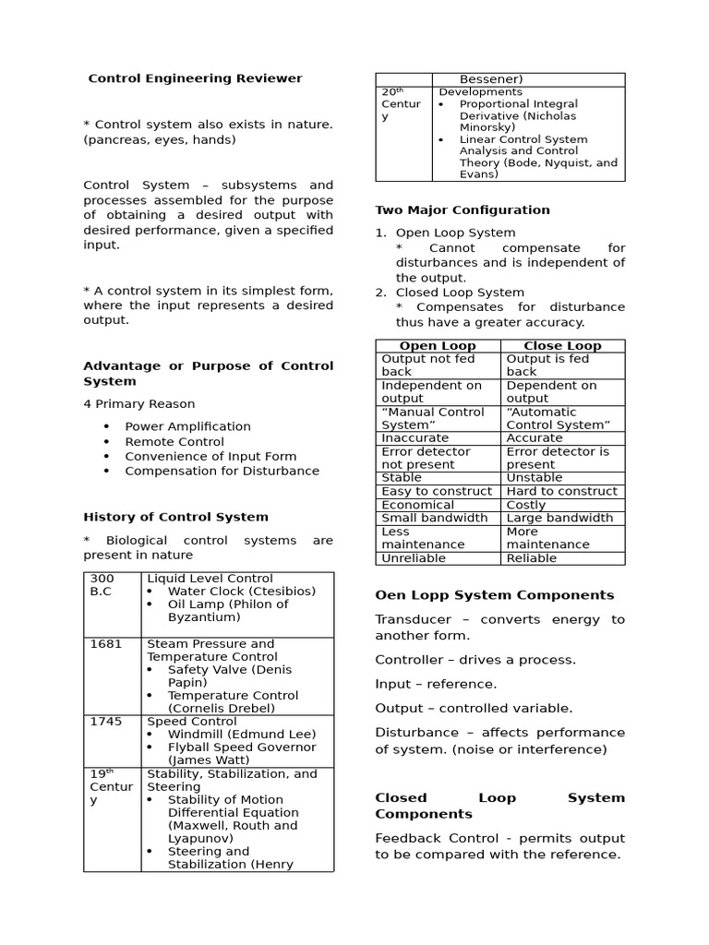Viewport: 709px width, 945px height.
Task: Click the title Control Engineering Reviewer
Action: coord(195,78)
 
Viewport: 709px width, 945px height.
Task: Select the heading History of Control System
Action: coord(175,517)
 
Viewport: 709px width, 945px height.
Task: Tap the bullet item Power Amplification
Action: coord(187,426)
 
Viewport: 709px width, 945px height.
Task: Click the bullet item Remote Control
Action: coord(174,442)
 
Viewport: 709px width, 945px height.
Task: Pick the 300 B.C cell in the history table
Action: coord(102,585)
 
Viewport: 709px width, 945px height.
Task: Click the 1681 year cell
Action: coord(106,644)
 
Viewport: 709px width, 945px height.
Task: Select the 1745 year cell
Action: coord(106,722)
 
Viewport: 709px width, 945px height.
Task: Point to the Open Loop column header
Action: coord(438,346)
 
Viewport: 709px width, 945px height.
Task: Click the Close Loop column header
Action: coord(562,346)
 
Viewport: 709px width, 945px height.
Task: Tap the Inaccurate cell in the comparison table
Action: coord(415,438)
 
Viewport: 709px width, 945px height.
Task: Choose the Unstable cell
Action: coord(534,478)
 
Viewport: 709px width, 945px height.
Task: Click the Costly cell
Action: coord(526,505)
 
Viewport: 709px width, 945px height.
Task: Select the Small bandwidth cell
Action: coord(434,519)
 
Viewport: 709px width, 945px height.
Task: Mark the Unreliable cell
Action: coord(413,558)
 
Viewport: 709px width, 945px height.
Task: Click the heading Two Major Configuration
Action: coord(462,209)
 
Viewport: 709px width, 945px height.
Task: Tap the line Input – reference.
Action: coord(436,684)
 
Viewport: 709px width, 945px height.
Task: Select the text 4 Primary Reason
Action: coord(138,403)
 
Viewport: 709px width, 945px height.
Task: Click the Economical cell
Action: coord(417,505)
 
